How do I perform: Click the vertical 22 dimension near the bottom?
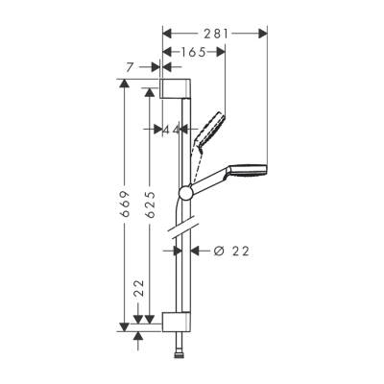coord(138,289)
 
